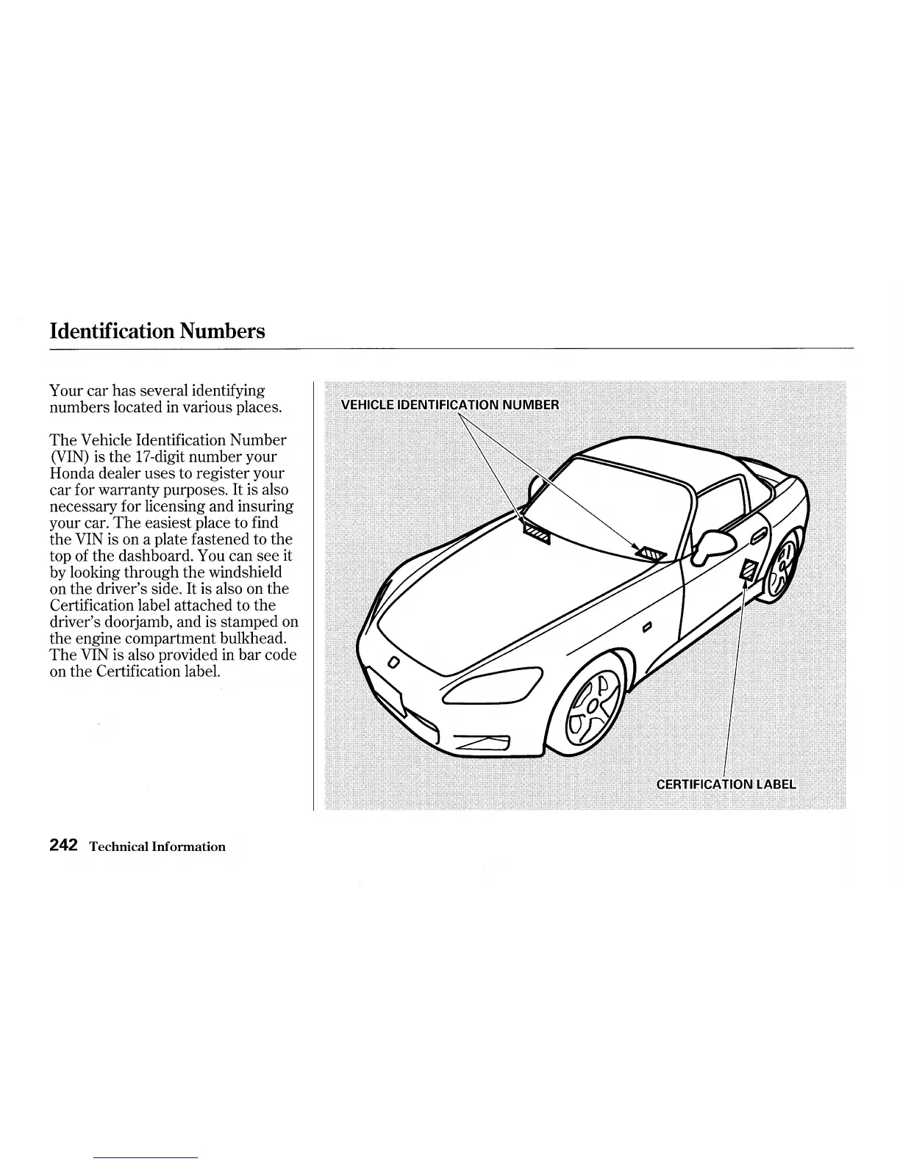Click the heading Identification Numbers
157,331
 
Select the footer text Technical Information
157,847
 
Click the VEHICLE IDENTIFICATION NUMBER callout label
450,405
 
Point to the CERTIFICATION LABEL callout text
725,783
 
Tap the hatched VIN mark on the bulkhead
536,534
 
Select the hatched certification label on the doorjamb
749,570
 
